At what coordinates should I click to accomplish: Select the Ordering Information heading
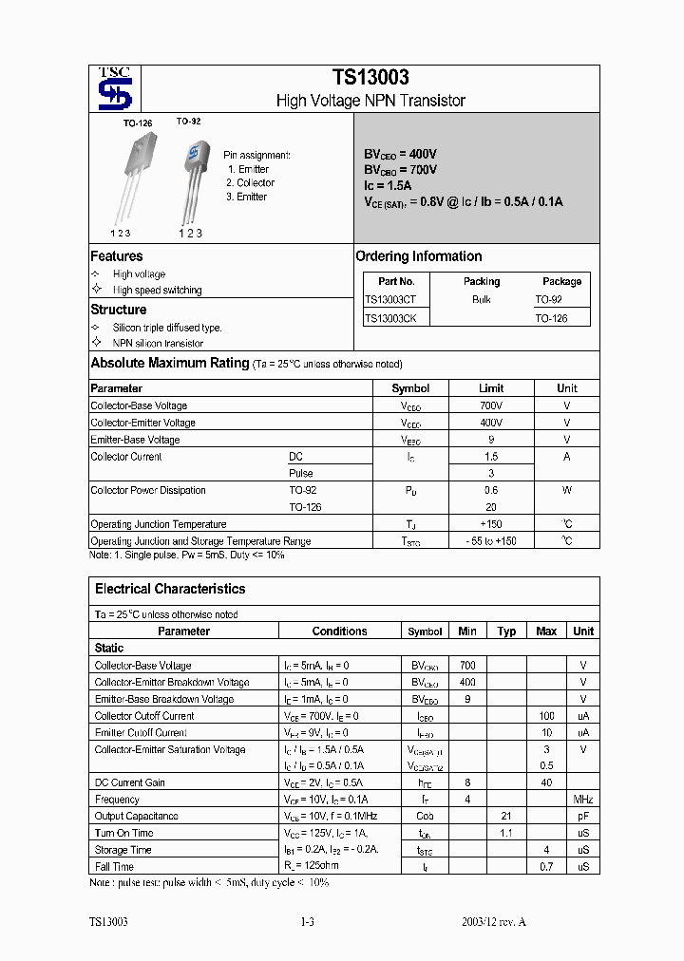[x=418, y=256]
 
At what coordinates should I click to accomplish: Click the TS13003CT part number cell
[x=396, y=299]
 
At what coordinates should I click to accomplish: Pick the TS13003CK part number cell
[x=396, y=318]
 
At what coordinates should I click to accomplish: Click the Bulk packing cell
[x=482, y=299]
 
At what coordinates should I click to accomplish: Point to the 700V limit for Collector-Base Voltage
[x=491, y=405]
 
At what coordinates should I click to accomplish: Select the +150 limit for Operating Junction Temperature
[x=491, y=524]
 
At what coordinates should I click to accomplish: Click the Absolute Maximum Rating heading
[x=169, y=363]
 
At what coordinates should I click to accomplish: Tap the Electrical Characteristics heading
[x=170, y=589]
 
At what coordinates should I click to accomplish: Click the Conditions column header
[x=339, y=631]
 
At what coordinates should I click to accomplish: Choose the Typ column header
[x=507, y=631]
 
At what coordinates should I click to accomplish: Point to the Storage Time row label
[x=123, y=850]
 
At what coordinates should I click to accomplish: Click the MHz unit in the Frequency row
[x=583, y=800]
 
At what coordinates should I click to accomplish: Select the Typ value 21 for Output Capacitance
[x=507, y=817]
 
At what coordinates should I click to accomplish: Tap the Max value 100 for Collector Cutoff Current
[x=547, y=716]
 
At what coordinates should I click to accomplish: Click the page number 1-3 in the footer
[x=307, y=922]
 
